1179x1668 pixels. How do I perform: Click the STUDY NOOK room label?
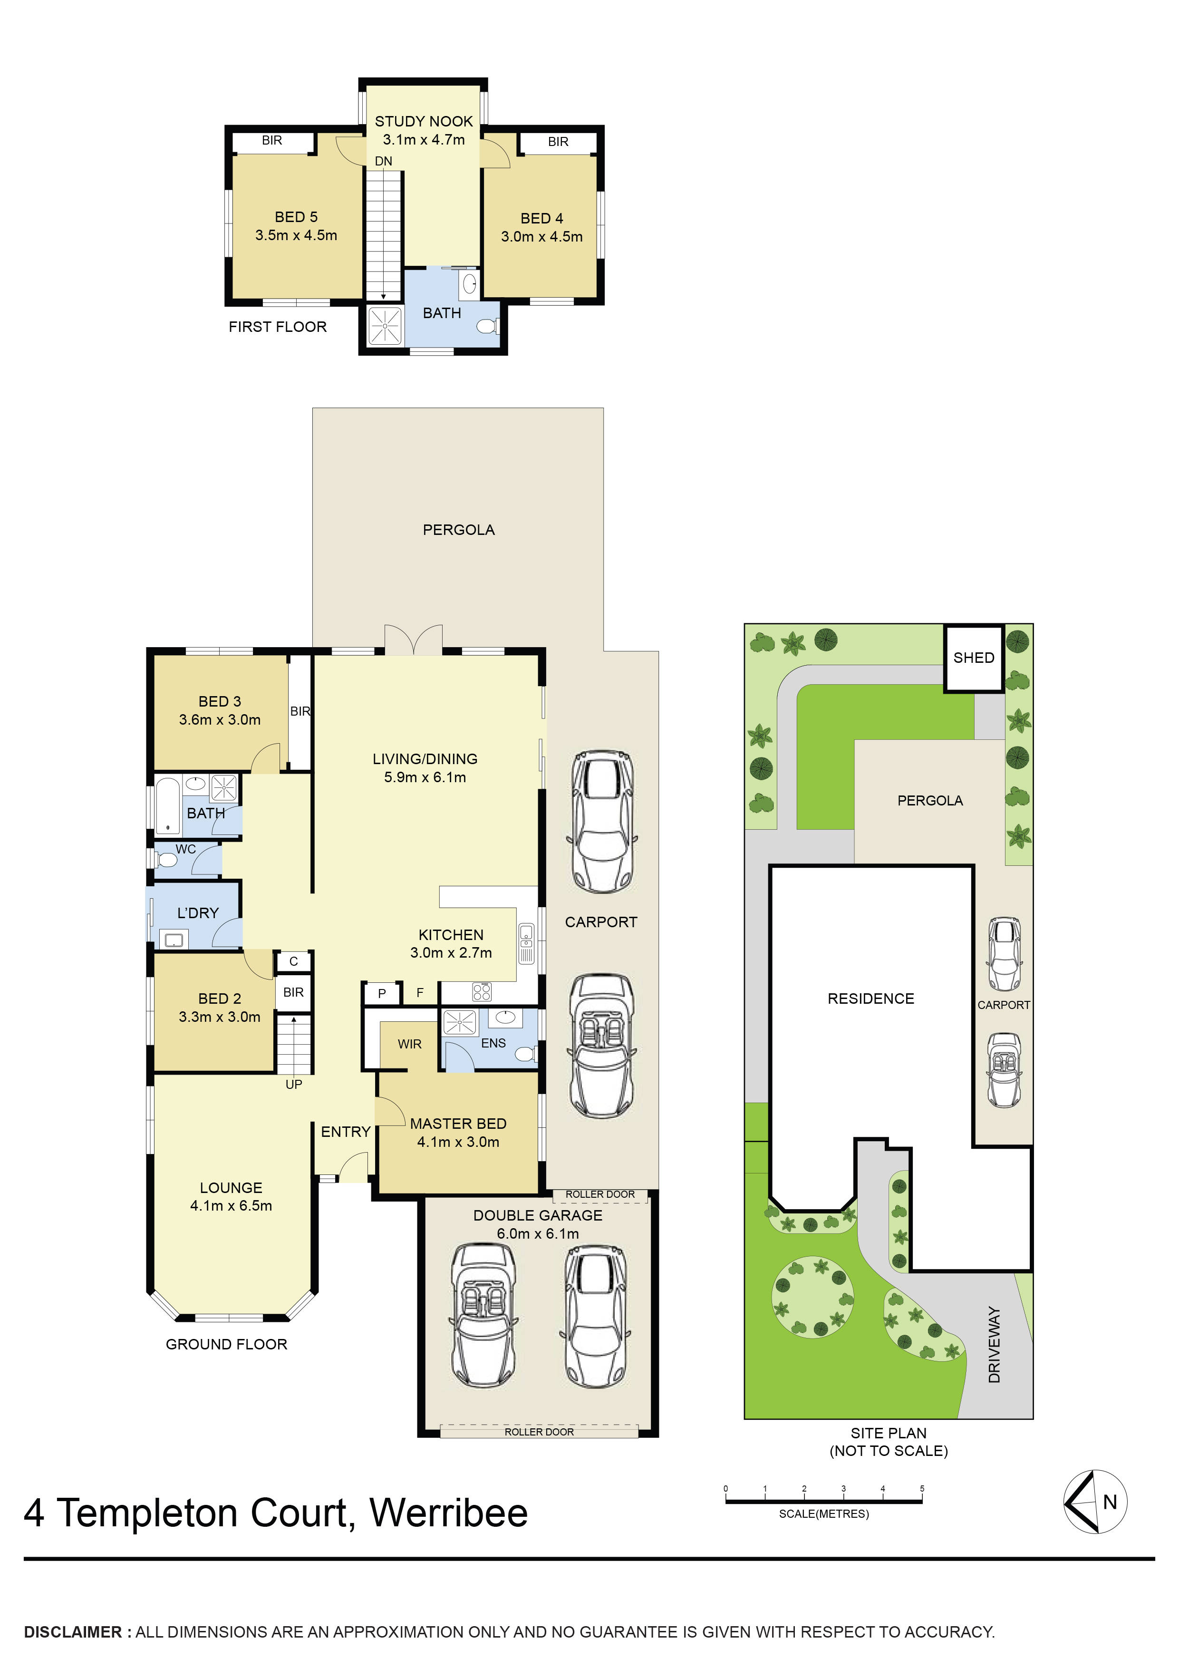[424, 121]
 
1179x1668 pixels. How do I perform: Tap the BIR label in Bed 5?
[271, 140]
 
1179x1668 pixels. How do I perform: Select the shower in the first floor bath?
[384, 326]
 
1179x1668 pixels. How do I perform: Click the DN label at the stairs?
[384, 161]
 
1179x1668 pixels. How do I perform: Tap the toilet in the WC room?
[167, 860]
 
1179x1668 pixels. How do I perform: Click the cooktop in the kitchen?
[482, 992]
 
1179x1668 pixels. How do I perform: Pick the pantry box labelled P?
[382, 993]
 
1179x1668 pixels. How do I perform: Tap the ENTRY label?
[346, 1132]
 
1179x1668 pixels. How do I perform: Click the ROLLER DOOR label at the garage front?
[539, 1432]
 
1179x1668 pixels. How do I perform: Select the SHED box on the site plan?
[974, 658]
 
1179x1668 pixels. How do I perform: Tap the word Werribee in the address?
[448, 1513]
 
